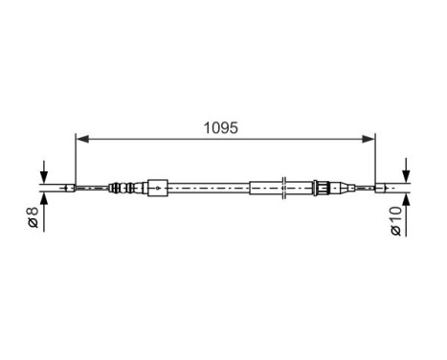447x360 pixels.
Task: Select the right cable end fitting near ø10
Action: (x=385, y=188)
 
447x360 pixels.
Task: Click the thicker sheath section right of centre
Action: (x=267, y=188)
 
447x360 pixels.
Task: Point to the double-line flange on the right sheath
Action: (x=287, y=188)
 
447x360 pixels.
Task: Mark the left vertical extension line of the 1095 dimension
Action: (x=76, y=158)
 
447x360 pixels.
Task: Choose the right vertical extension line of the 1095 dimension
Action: (x=375, y=158)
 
